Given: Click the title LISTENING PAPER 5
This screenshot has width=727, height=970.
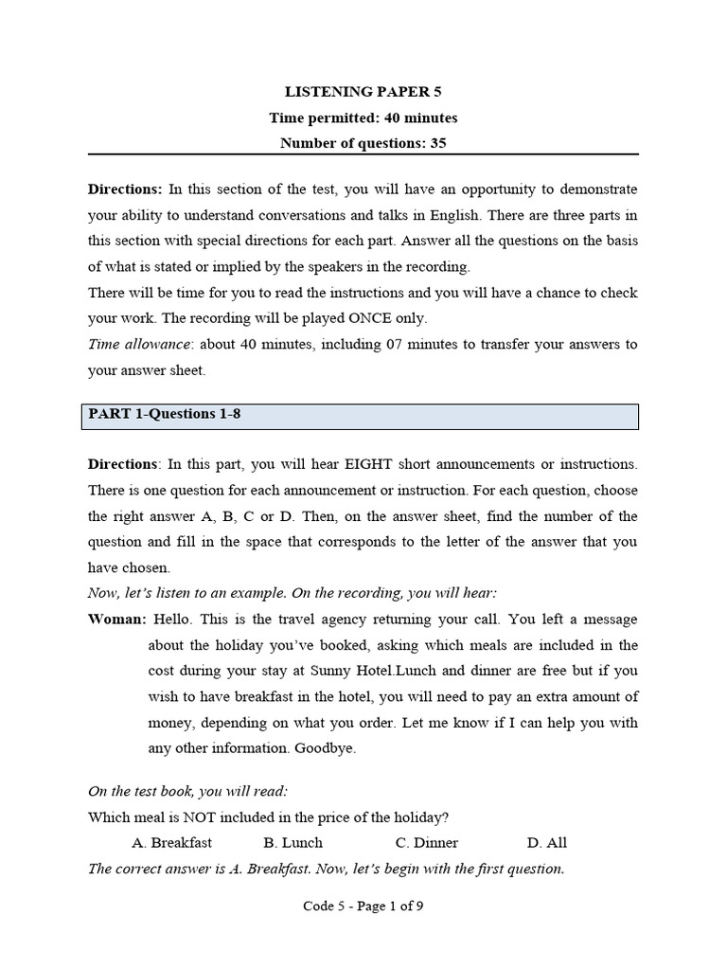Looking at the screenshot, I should coord(363,92).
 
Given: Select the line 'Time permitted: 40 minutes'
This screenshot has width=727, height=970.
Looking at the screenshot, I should coord(363,118).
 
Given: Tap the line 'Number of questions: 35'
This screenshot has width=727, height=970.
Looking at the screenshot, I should coord(363,144).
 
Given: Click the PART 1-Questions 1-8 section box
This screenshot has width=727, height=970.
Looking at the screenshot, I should coord(360,415).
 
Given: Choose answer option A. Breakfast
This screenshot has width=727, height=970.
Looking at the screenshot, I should coord(172,842).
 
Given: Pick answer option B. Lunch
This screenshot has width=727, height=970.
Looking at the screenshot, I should coord(293,842).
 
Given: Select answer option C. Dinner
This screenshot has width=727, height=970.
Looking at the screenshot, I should coord(427,842).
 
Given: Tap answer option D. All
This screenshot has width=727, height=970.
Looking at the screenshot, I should coord(546,842).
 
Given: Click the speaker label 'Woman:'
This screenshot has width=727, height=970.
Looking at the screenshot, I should coord(117,620).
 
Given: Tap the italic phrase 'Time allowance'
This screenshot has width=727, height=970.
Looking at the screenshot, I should coord(131,345).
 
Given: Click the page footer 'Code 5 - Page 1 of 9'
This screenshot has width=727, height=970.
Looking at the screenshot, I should coord(363,906).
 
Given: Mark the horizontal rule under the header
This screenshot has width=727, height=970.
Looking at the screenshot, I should coord(363,155).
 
